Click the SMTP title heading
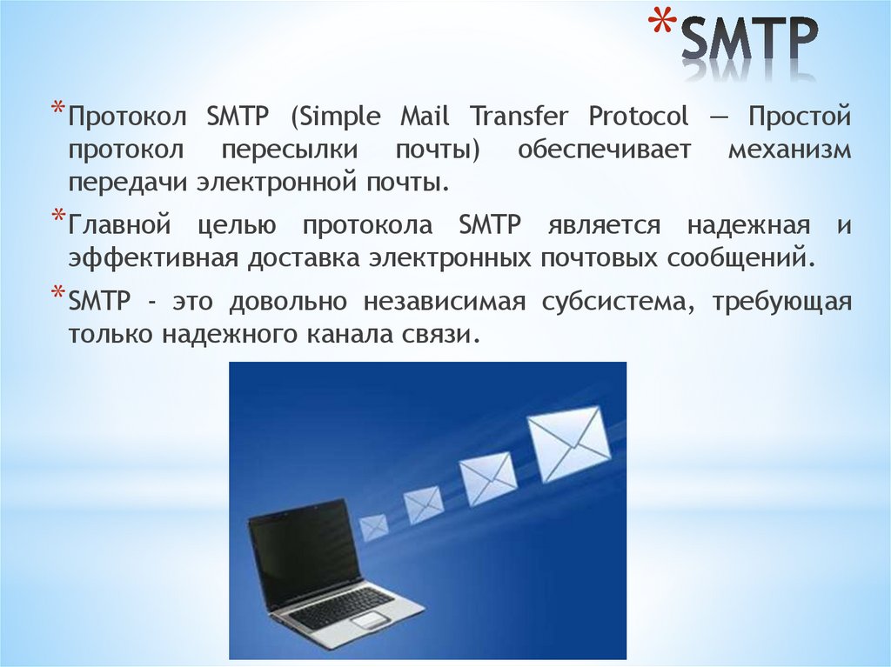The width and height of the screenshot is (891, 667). pyautogui.click(x=747, y=40)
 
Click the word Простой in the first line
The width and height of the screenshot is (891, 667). pyautogui.click(x=801, y=116)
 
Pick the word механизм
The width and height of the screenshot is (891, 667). pyautogui.click(x=788, y=150)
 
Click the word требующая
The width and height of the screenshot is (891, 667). pyautogui.click(x=780, y=302)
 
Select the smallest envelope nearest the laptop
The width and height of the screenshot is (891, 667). pyautogui.click(x=373, y=526)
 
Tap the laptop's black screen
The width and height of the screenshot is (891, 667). pyautogui.click(x=304, y=552)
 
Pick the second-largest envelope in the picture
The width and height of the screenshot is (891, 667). pyautogui.click(x=487, y=478)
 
